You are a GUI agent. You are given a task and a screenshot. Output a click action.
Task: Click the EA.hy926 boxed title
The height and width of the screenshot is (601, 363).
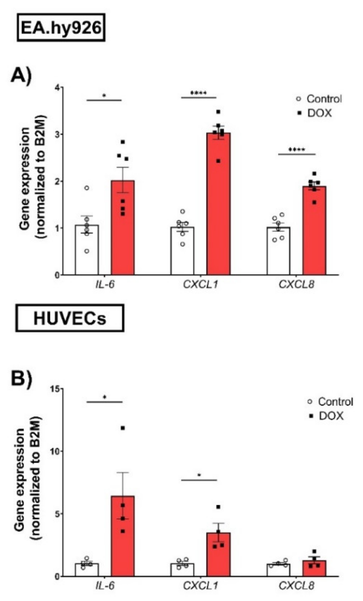[61, 27]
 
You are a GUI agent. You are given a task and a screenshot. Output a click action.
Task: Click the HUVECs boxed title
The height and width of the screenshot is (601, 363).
[69, 318]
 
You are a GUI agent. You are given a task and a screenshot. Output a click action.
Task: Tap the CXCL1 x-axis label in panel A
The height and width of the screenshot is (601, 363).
[200, 285]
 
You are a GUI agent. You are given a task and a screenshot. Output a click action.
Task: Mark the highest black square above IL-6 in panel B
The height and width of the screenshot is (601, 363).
[123, 428]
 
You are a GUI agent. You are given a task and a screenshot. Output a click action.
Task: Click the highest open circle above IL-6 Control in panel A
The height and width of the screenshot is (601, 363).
[87, 188]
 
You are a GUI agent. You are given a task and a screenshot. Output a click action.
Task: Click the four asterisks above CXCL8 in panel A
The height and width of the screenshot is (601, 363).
[297, 150]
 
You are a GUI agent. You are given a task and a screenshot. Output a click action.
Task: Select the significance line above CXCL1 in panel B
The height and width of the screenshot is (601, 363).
[199, 480]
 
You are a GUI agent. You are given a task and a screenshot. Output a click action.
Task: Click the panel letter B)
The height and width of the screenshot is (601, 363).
[21, 379]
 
